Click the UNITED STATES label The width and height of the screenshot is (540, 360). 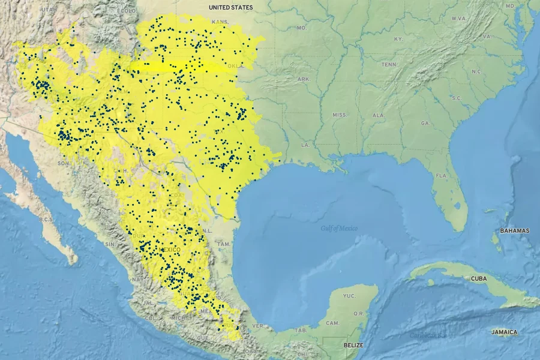tap(231, 7)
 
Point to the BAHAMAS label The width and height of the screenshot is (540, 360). tap(515, 230)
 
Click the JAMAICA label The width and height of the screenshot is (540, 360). tap(504, 332)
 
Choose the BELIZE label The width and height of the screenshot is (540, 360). tap(353, 345)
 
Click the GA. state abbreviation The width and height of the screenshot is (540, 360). tap(426, 122)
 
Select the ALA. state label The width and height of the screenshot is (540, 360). tap(379, 115)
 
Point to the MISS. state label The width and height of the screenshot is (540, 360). tap(340, 115)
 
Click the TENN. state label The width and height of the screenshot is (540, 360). tap(390, 64)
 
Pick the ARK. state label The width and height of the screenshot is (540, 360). tap(304, 79)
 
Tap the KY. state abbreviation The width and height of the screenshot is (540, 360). tap(398, 39)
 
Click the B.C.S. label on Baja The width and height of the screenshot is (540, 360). tap(47, 220)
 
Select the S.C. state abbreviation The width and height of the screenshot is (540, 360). tap(456, 98)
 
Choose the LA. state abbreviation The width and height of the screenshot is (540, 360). tap(305, 145)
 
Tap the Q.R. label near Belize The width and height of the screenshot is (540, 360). tap(359, 313)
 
